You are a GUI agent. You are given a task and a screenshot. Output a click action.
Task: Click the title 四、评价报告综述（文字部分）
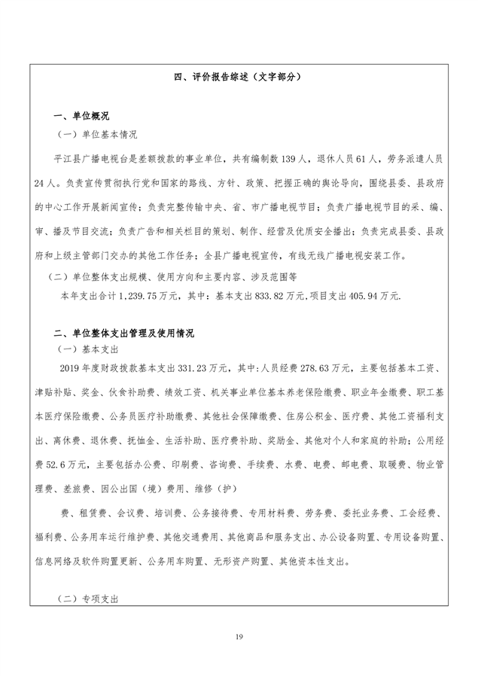click(239, 78)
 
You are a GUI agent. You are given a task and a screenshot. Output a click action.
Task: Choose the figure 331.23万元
click(204, 369)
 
